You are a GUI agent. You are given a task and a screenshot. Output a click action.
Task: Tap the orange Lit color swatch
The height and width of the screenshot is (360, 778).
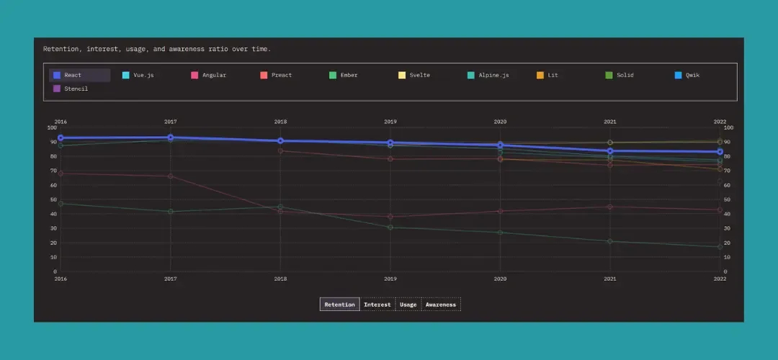(540, 75)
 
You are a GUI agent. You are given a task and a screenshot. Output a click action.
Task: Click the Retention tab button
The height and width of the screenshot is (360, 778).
(339, 305)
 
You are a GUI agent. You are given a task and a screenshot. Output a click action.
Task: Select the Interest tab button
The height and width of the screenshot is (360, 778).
(377, 305)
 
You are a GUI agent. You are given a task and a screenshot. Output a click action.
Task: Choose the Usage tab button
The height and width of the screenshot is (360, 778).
(408, 305)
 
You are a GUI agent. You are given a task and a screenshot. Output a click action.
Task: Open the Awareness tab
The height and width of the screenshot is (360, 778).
(441, 305)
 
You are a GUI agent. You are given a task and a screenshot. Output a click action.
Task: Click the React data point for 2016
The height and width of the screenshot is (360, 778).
(61, 138)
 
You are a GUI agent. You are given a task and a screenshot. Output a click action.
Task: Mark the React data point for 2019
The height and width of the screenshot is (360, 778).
(390, 143)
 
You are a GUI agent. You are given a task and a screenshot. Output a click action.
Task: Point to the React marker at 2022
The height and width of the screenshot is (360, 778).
(720, 152)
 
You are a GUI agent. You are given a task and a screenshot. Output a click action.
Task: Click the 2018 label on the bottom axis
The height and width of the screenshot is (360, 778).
(280, 279)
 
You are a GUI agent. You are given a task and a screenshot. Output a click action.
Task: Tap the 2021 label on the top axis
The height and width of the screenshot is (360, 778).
(609, 122)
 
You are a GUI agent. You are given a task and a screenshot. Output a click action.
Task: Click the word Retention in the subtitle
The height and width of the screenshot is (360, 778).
(61, 49)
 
